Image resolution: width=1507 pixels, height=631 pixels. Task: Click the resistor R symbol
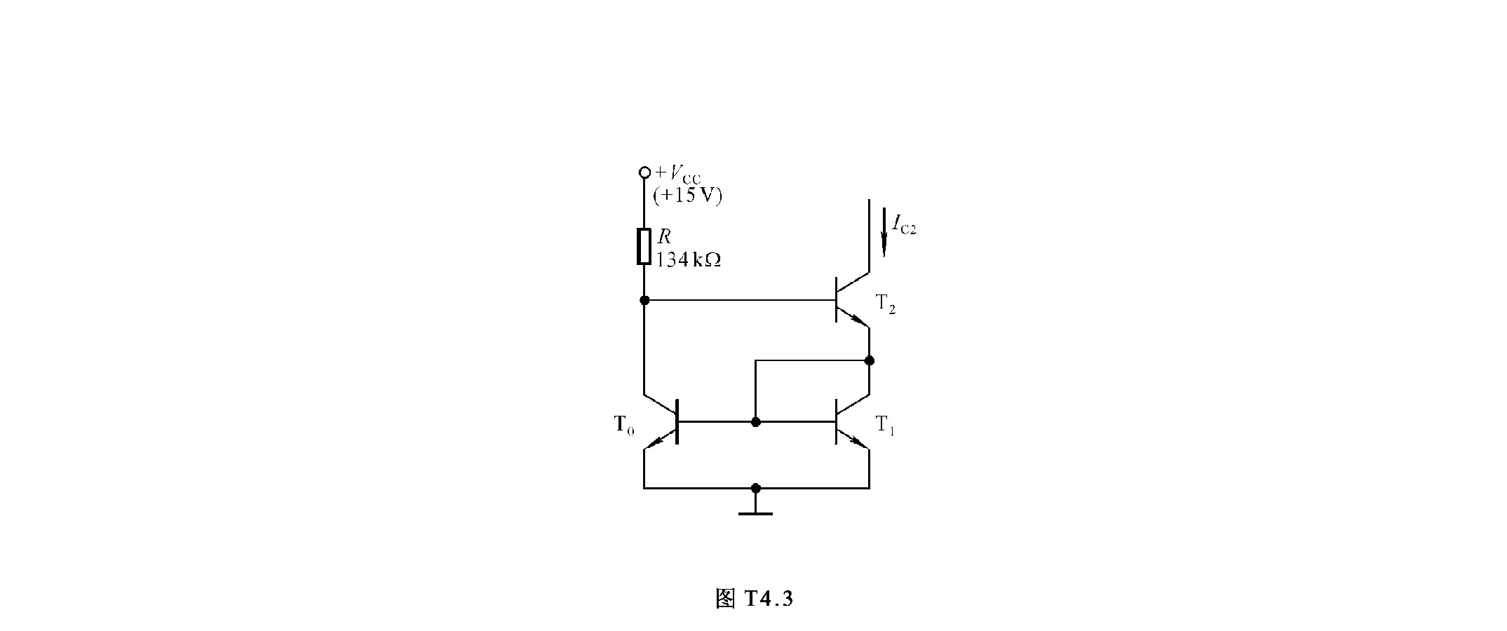[644, 246]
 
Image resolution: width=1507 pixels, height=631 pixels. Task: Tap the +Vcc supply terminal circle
[644, 172]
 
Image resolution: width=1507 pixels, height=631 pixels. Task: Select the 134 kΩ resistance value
[689, 259]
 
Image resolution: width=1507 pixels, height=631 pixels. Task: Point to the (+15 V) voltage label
[687, 196]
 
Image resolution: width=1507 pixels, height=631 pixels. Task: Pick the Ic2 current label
[904, 225]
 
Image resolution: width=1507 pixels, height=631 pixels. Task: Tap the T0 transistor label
[624, 425]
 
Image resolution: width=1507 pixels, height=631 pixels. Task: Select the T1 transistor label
[886, 425]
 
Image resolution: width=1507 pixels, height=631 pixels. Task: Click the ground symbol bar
[755, 514]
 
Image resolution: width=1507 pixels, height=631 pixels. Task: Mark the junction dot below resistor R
[644, 300]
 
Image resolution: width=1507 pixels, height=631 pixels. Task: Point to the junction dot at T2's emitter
[870, 360]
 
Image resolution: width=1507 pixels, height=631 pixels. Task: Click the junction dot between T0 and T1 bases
[755, 422]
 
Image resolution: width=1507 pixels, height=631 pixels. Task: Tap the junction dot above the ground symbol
[755, 487]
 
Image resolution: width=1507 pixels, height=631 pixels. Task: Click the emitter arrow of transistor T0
[654, 441]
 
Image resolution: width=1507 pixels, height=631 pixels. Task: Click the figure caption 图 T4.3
[754, 599]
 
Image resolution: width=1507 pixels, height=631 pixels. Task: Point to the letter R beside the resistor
[663, 237]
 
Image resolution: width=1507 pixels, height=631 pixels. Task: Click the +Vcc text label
[677, 174]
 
